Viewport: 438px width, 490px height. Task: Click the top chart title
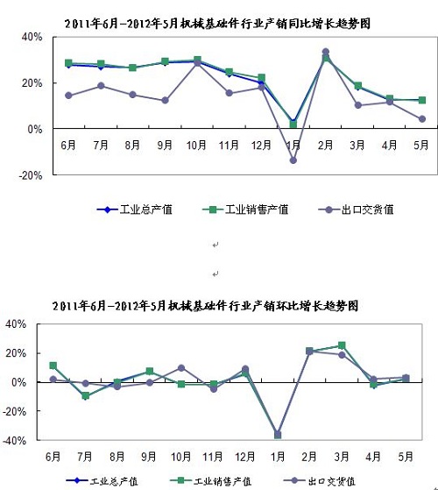click(217, 24)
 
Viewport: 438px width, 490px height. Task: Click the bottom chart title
click(205, 306)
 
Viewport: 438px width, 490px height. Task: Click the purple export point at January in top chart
click(293, 160)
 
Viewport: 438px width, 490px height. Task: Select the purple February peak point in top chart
click(326, 52)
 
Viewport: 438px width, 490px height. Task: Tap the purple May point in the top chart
click(422, 118)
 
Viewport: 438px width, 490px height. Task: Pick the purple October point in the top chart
click(197, 63)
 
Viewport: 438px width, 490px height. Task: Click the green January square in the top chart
click(293, 124)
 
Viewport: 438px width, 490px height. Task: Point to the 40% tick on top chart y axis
click(32, 37)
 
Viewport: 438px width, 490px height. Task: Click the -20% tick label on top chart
click(31, 175)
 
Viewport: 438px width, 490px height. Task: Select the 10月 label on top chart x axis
click(196, 145)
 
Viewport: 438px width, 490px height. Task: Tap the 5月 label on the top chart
click(420, 145)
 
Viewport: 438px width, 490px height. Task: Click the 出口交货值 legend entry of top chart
click(356, 209)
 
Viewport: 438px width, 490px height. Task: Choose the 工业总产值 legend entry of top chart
click(135, 209)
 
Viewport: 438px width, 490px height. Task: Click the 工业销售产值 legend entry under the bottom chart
click(211, 481)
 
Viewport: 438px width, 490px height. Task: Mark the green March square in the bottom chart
click(342, 345)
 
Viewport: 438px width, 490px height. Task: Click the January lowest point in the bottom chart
click(278, 435)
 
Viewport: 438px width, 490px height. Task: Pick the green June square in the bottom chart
click(53, 366)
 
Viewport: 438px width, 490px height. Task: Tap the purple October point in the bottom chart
click(181, 368)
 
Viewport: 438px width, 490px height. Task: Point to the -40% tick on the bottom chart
click(15, 440)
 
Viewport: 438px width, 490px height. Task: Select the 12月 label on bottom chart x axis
click(244, 458)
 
